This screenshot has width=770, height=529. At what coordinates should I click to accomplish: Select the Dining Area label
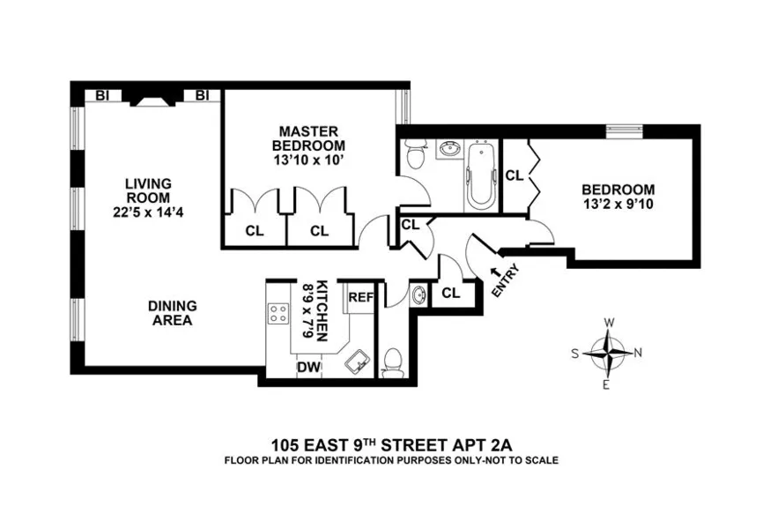(x=173, y=313)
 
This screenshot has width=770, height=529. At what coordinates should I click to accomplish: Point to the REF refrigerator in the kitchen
(x=361, y=297)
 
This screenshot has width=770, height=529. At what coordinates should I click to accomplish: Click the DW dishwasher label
(x=307, y=367)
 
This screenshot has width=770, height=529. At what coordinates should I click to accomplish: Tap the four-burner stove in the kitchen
(x=278, y=314)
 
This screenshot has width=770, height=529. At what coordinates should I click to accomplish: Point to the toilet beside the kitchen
(x=394, y=360)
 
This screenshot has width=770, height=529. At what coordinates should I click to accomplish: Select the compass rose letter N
(x=637, y=353)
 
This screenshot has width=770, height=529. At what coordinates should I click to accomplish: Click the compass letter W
(x=608, y=323)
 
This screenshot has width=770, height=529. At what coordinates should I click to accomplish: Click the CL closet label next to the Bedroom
(x=515, y=175)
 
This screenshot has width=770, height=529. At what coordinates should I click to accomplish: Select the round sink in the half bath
(x=418, y=294)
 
